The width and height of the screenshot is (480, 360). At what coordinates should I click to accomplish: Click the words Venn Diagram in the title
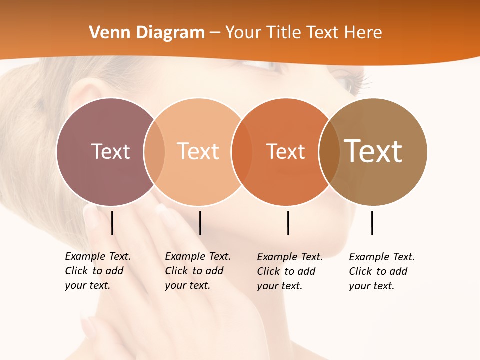pos(147,33)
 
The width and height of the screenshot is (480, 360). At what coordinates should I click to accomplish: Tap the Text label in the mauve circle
pos(110,151)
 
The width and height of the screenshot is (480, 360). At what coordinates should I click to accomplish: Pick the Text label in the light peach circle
pos(198,151)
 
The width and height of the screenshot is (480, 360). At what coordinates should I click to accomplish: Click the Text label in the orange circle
pos(285,151)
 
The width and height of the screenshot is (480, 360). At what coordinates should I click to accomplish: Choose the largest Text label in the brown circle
pos(373,151)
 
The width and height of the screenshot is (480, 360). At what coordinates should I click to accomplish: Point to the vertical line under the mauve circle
pos(112,223)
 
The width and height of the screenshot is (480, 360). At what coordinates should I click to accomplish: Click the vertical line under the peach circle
pos(200,223)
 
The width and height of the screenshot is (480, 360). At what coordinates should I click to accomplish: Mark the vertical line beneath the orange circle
pos(288,223)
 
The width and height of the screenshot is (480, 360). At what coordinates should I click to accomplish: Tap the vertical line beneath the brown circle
pos(372,223)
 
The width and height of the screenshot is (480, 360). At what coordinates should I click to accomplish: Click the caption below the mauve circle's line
pos(98,271)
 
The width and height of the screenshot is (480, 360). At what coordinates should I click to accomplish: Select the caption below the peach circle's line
pos(198,271)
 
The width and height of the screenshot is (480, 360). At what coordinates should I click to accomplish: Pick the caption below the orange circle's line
pos(290,271)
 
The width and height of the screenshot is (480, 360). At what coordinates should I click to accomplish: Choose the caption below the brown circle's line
pos(382,271)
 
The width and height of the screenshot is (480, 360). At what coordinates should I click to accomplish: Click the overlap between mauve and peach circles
pos(154,151)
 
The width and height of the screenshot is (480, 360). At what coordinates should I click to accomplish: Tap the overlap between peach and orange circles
pos(242,151)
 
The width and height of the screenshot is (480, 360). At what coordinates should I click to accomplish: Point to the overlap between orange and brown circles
pos(329,151)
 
